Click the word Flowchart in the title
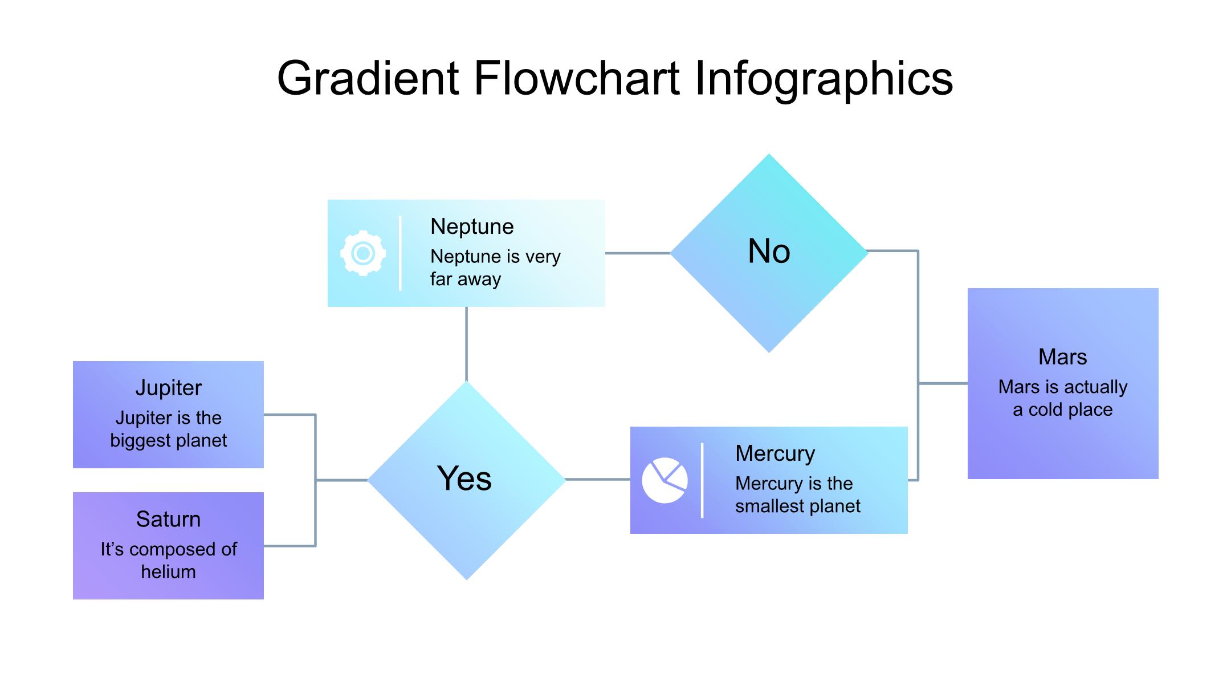577,78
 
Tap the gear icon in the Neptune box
363,253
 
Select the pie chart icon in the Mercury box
665,480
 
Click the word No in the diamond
769,251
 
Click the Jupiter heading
168,388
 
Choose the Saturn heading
168,519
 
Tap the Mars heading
1062,357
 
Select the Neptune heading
472,226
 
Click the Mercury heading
775,453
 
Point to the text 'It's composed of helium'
168,560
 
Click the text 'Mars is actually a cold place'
1062,398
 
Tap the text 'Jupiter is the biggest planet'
168,429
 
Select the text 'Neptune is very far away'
495,268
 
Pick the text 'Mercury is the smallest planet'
797,495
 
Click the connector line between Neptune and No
637,253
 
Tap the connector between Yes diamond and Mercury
597,480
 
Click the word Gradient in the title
368,78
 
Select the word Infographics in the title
824,78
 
